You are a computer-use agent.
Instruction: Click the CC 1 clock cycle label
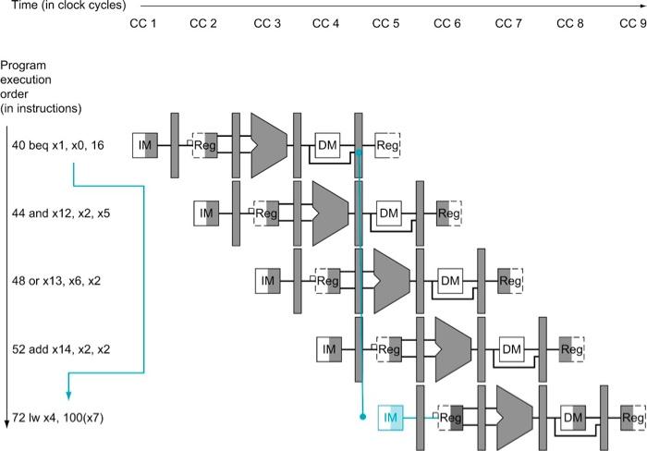tap(142, 23)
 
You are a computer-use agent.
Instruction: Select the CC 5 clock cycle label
tap(385, 23)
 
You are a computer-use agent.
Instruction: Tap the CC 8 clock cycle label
tap(570, 23)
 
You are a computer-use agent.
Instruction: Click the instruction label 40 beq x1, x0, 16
tap(57, 145)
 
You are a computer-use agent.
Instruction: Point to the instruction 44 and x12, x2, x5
tap(61, 213)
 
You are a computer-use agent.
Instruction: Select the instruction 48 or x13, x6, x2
tap(56, 281)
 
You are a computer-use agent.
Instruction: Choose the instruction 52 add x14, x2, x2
tap(61, 349)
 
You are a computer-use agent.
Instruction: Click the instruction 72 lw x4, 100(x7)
tap(57, 418)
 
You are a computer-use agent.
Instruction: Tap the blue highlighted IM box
tap(390, 418)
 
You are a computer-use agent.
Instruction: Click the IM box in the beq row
tap(145, 145)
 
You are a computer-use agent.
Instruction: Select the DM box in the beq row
tap(327, 145)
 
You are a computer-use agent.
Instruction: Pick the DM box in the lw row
tap(573, 418)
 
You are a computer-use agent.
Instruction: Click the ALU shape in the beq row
tap(269, 145)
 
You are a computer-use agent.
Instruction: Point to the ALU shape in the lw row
tap(515, 418)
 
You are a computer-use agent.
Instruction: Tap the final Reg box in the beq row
tap(387, 145)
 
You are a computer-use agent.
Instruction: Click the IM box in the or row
tap(268, 281)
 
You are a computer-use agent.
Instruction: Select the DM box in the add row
tap(512, 349)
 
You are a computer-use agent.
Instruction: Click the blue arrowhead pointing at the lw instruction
tap(68, 396)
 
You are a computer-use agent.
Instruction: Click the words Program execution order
tap(26, 79)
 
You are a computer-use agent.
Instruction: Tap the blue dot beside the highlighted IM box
tap(362, 417)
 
